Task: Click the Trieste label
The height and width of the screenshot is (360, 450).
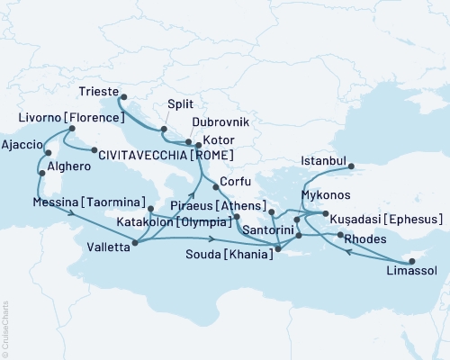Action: point(98,90)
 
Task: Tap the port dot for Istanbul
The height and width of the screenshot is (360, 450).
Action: point(352,166)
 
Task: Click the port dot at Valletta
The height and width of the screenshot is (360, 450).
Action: point(135,241)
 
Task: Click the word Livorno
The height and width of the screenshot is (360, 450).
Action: point(39,118)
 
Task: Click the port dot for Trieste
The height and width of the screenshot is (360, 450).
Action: point(124,98)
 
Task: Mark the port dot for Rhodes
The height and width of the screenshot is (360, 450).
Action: point(340,235)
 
